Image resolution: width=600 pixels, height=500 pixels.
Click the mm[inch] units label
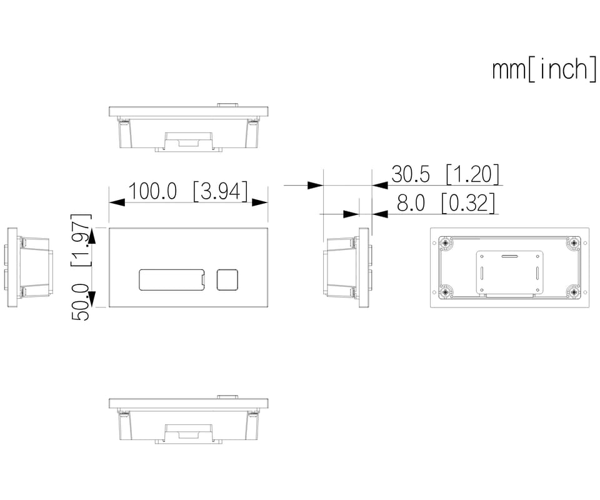[544, 69]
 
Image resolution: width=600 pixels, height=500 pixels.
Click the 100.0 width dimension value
[152, 191]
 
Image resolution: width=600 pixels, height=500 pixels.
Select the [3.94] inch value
[221, 191]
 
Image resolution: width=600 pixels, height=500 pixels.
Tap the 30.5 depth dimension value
[411, 174]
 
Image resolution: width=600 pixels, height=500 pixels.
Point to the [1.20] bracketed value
[472, 174]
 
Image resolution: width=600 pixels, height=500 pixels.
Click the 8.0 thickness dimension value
[411, 202]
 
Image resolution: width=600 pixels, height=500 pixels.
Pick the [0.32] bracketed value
[468, 202]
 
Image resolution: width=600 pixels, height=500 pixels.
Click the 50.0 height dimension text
[81, 302]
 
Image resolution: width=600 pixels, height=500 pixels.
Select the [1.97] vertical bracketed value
[81, 240]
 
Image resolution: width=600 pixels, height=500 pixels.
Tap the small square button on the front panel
[227, 279]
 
